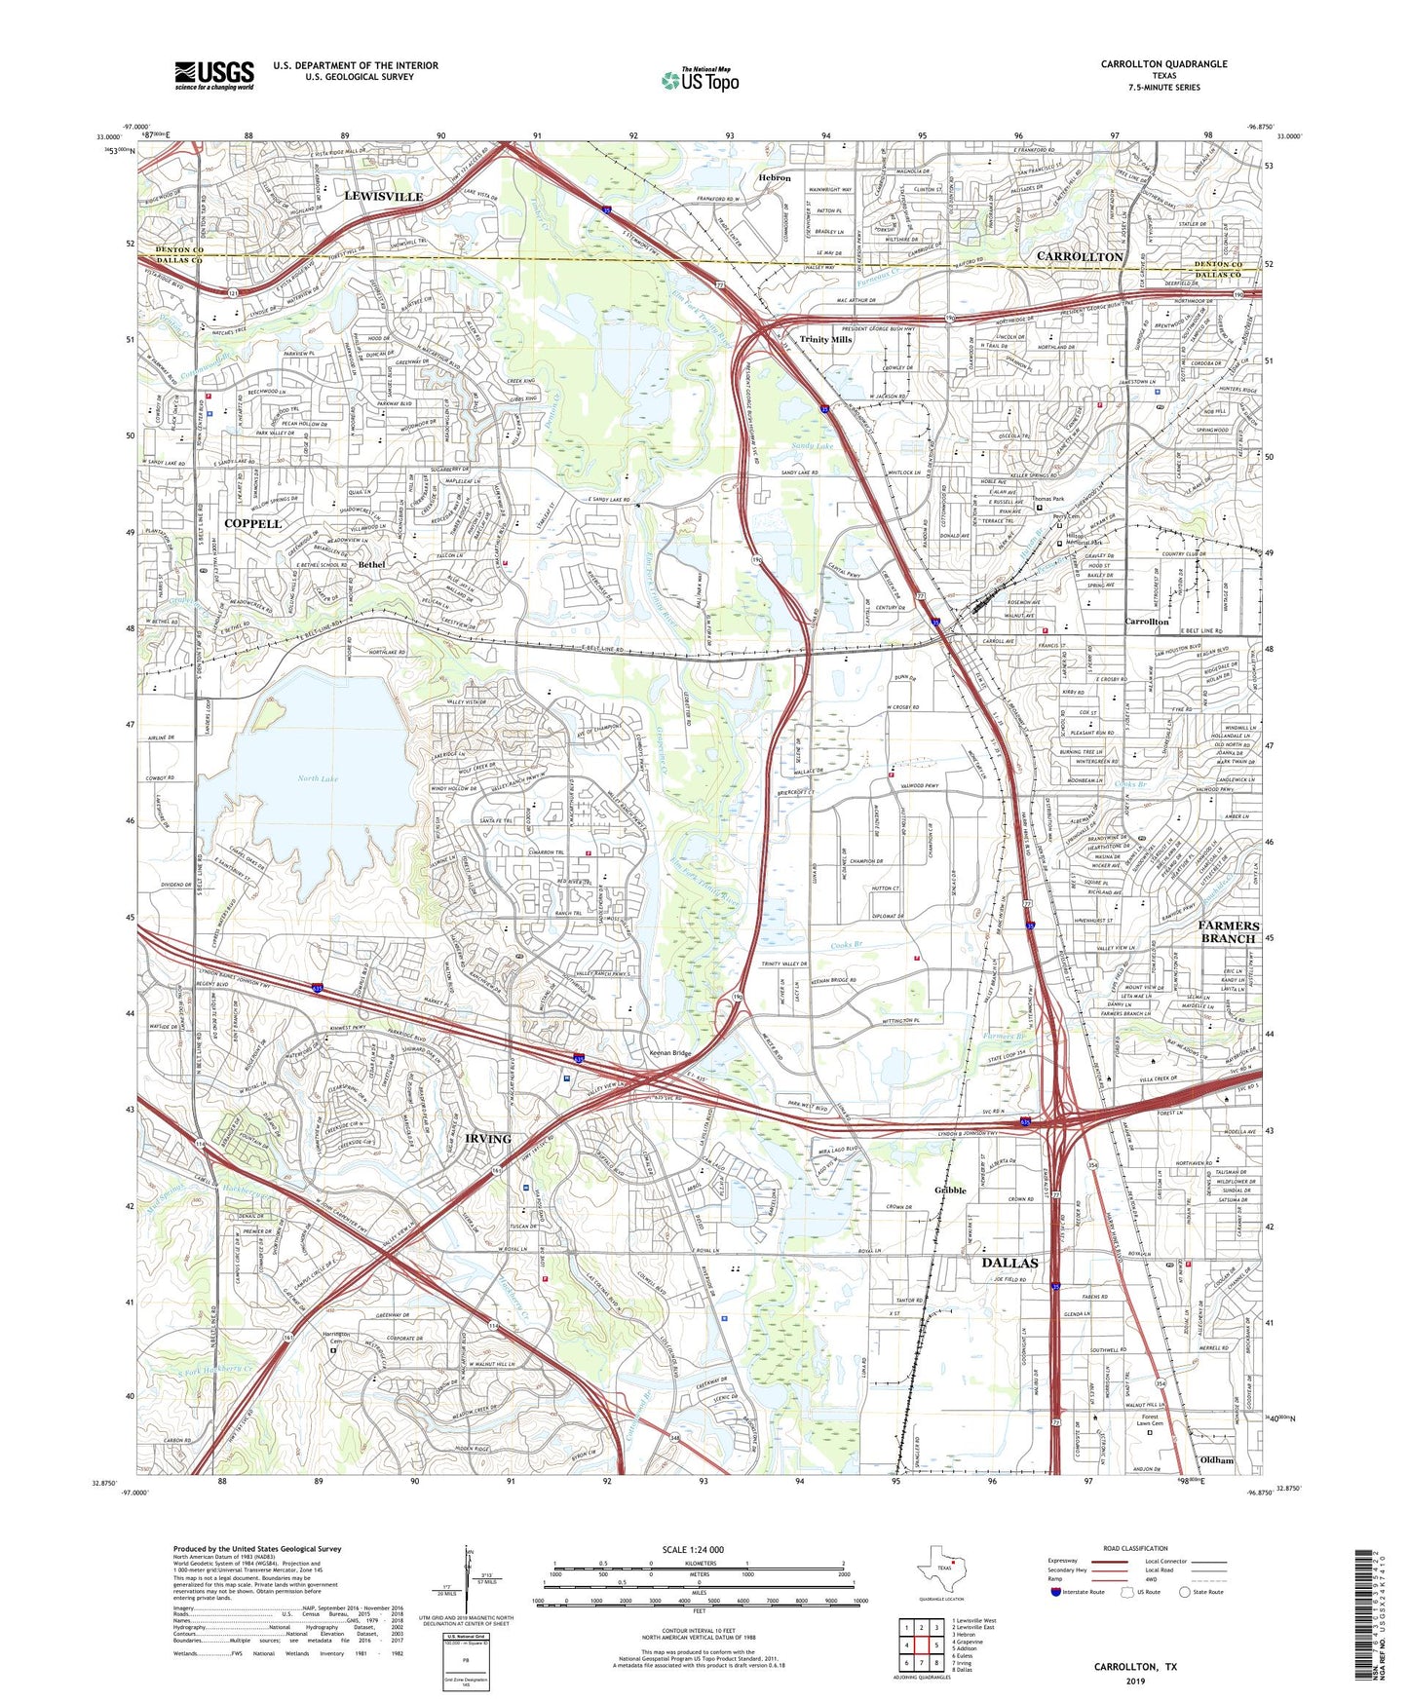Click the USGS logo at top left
tap(214, 75)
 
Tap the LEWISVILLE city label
tap(383, 196)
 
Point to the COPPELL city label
tap(252, 523)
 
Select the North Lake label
tap(317, 778)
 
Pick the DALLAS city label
tap(1008, 1263)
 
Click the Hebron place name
tap(775, 178)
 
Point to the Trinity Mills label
tap(825, 339)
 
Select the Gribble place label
tap(950, 1191)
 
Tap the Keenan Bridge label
tap(670, 1053)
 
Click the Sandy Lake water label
tap(811, 445)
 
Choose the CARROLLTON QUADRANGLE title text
tap(1163, 64)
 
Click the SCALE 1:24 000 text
tap(692, 1550)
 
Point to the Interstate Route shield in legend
tap(1056, 1592)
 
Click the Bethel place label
tap(371, 564)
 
